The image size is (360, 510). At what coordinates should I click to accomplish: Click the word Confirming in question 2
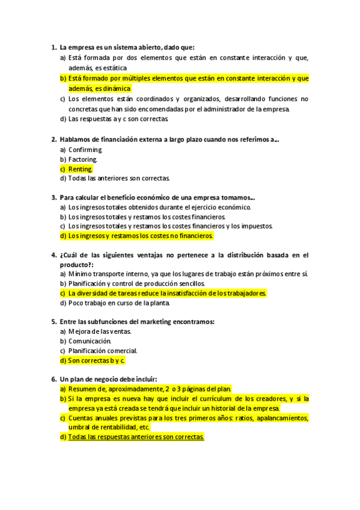pos(85,150)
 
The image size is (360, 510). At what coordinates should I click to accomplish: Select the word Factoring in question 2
pos(83,159)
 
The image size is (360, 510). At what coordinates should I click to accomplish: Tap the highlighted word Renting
pos(81,169)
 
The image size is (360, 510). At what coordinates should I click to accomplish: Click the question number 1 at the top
pos(53,48)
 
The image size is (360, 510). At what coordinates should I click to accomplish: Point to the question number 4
pos(53,255)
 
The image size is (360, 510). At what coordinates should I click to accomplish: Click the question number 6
pos(53,379)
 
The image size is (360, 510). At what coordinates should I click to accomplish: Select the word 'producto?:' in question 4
pos(76,265)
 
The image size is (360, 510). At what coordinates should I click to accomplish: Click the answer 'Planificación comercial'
pos(103,351)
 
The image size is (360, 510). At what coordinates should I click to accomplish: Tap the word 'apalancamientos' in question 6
pos(282,418)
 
